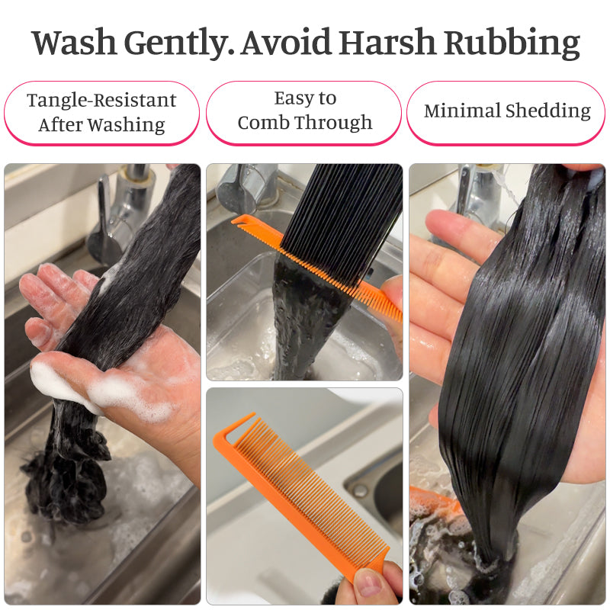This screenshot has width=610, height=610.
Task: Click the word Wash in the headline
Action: pos(74,42)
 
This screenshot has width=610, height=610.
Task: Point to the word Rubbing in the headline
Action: pos(512,43)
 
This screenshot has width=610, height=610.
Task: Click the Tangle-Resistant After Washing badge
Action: pos(101,113)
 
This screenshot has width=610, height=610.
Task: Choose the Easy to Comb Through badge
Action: pos(303,113)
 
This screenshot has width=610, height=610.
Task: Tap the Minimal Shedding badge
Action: pos(506,113)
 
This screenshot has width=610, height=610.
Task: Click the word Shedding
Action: pos(547,111)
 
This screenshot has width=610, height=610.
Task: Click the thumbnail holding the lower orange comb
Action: pos(368,583)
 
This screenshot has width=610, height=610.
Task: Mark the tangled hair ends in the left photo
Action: pos(66,486)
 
